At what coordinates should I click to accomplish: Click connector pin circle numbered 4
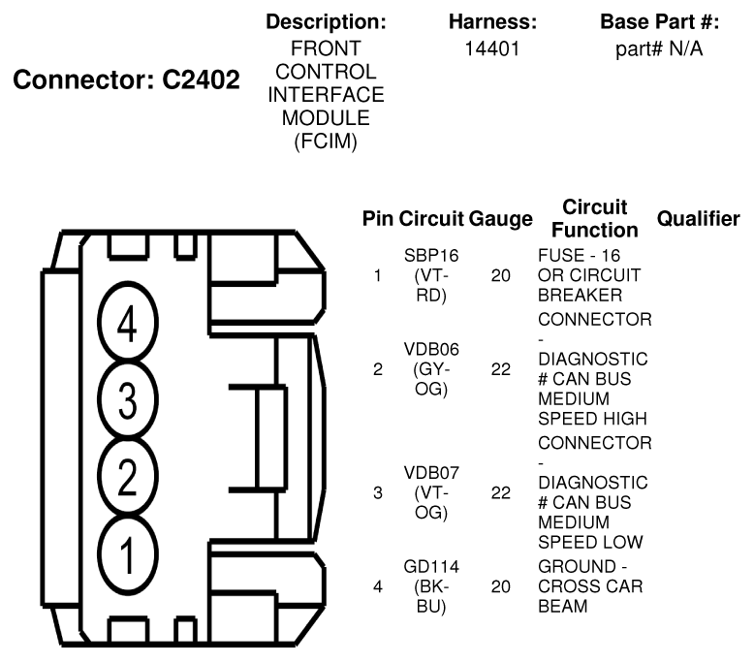126,327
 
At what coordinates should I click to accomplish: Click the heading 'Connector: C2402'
125,81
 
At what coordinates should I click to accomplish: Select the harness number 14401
492,47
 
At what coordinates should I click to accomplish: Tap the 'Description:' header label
326,21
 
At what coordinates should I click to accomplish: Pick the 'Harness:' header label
492,21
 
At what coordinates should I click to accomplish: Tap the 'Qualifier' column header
698,219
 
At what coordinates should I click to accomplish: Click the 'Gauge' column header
500,219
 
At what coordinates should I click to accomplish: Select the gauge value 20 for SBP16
500,276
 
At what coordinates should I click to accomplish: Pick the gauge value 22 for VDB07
500,492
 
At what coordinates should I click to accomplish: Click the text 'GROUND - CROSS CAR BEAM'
589,585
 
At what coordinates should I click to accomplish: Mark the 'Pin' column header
378,219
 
